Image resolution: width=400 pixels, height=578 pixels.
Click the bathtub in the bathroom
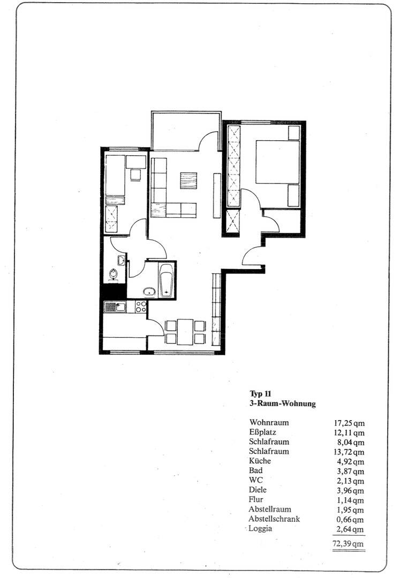click(x=167, y=279)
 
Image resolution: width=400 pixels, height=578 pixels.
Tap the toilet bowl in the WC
click(x=114, y=274)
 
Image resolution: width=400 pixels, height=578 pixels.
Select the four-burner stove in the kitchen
click(x=141, y=307)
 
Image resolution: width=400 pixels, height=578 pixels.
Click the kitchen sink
click(x=115, y=307)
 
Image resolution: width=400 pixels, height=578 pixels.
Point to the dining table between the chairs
click(x=185, y=332)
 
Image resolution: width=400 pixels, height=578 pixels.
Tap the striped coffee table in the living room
click(x=188, y=180)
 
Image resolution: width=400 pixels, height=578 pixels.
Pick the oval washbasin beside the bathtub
click(x=149, y=292)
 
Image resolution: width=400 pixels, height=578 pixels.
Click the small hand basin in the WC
click(x=122, y=261)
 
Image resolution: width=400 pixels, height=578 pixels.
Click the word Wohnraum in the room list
click(x=269, y=422)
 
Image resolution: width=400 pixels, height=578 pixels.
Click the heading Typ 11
click(x=261, y=394)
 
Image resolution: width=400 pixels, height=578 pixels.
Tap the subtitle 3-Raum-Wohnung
click(x=282, y=404)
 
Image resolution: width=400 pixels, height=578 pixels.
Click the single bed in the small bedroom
click(x=115, y=177)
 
